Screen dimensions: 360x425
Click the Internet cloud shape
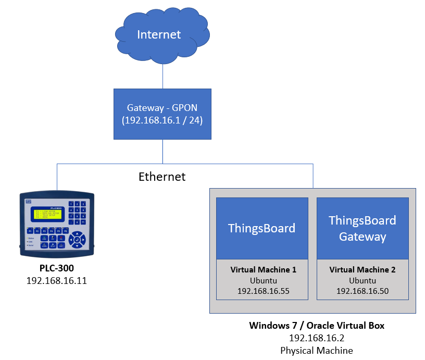point(159,34)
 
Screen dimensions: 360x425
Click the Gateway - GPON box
point(162,114)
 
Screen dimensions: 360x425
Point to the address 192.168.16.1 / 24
point(162,120)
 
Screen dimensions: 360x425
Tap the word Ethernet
point(162,177)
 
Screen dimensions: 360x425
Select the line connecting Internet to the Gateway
point(162,76)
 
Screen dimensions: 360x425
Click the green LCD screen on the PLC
point(48,214)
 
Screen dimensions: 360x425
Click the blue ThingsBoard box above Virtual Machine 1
point(261,228)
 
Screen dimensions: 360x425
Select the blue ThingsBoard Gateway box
point(362,228)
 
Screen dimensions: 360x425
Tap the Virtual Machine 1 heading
point(263,270)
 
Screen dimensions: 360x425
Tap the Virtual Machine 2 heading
point(362,270)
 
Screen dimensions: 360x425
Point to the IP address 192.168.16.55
point(263,291)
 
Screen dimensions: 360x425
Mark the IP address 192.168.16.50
point(362,291)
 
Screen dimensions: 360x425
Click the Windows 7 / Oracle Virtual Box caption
point(317,326)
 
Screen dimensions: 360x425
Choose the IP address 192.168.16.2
point(317,338)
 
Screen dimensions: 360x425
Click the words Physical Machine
point(317,350)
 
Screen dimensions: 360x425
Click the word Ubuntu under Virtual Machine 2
point(362,280)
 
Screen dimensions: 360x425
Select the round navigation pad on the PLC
point(78,240)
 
